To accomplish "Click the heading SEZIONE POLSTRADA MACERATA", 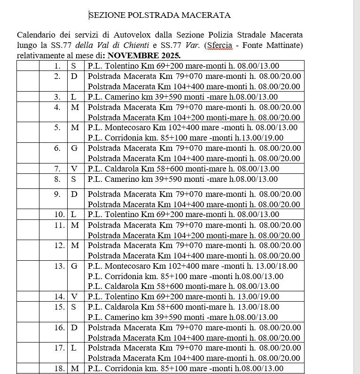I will coord(160,16).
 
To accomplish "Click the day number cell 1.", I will coord(57,66).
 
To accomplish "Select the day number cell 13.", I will coord(59,266).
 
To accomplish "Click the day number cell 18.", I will coord(59,368).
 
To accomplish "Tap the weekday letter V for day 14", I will coord(74,296).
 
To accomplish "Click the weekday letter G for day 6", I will coord(74,148).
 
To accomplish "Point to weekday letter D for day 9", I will coord(74,194).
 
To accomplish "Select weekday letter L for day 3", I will coord(74,97).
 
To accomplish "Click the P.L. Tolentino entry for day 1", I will coord(183,66).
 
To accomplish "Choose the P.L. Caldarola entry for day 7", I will coord(183,169).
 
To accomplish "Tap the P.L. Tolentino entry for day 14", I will coord(183,296).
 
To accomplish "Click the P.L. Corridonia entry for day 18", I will coord(186,368).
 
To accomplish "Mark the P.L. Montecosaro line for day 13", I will coord(193,266).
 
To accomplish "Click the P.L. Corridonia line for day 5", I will coord(186,138).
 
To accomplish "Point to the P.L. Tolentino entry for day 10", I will coord(183,214).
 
